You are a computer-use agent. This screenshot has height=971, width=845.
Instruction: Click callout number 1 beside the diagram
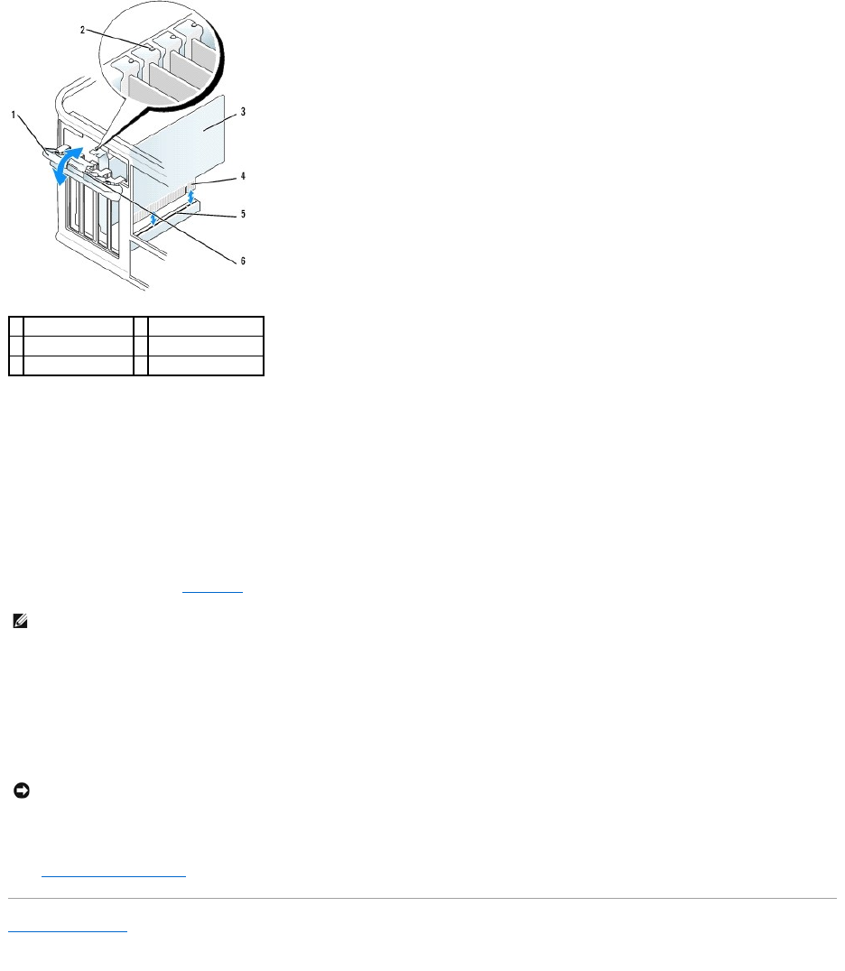tap(14, 116)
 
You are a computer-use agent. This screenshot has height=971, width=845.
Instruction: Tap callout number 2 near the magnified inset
tap(84, 30)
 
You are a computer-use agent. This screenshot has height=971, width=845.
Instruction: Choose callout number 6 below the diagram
tap(241, 261)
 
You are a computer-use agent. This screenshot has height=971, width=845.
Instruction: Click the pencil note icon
tap(20, 622)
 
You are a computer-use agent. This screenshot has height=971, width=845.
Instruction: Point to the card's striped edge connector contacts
tap(162, 194)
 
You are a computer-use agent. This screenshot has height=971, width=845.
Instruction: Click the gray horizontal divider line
tap(422, 898)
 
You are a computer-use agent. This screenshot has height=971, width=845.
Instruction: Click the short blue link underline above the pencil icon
tap(212, 592)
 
